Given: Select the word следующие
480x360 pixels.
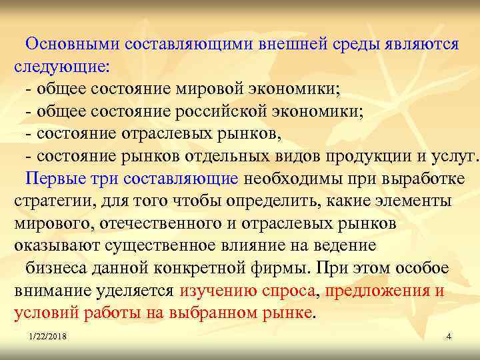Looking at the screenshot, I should [x=61, y=67].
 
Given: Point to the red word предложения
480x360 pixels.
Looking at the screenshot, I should [x=373, y=291].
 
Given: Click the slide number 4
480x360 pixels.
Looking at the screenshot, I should [x=449, y=337].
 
